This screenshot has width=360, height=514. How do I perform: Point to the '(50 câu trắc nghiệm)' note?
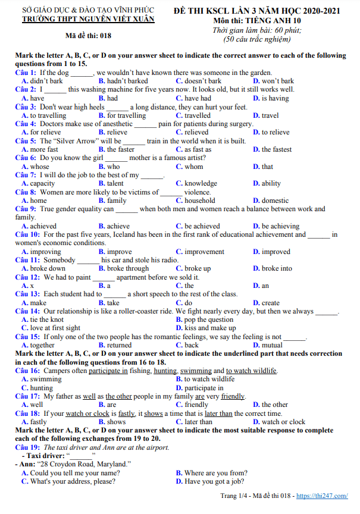(x=257, y=39)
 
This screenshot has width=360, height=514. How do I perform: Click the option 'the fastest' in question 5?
(x=277, y=149)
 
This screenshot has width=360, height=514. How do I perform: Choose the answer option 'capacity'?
(x=42, y=184)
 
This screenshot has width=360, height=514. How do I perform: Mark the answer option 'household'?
(x=200, y=200)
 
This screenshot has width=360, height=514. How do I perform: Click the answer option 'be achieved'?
(x=202, y=226)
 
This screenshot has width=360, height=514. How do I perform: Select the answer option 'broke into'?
(x=277, y=268)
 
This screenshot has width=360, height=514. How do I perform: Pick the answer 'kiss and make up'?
(x=210, y=328)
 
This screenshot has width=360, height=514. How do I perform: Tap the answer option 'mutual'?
(x=273, y=345)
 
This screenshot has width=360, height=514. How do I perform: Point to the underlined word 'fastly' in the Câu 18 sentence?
(x=126, y=413)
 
